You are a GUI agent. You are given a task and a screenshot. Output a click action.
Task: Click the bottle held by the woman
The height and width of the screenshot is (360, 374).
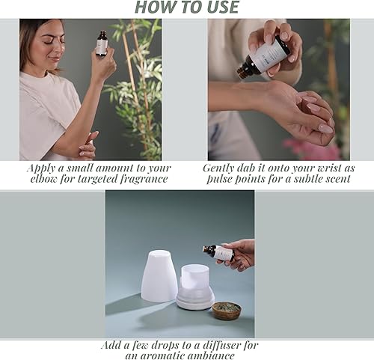102,43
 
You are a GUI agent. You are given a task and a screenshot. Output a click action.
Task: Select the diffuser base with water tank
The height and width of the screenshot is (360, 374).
195,288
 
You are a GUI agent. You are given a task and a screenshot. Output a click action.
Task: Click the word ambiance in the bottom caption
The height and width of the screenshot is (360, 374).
207,356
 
